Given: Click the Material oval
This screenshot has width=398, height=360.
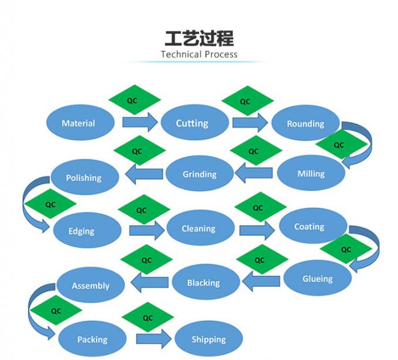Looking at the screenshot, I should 78,123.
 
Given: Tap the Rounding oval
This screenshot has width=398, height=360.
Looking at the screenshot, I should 306,124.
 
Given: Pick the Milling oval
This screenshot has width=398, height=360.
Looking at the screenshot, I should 311,173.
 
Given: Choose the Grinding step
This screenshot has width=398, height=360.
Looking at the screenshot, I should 200,174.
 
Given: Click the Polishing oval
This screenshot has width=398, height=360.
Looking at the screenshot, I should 84,177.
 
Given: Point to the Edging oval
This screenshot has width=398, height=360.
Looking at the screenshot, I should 82,231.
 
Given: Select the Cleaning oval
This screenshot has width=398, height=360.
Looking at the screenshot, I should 199,228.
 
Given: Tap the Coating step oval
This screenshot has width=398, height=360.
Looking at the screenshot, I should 310,227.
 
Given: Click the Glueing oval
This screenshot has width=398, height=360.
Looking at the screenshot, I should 317,279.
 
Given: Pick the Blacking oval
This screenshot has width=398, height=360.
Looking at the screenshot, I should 204,283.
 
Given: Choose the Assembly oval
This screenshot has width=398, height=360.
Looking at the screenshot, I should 91,286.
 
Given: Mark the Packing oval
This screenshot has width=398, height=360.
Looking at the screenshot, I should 92,339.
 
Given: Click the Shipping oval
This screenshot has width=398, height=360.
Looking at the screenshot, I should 208,339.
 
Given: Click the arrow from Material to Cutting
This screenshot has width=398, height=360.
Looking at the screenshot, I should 139,122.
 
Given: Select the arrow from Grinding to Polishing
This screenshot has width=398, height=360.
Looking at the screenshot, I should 144,173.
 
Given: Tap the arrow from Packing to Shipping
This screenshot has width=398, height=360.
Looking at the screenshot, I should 154,339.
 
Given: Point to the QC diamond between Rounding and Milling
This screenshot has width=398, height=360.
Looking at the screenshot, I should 338,145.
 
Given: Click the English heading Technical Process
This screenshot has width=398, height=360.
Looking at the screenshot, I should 199,54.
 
